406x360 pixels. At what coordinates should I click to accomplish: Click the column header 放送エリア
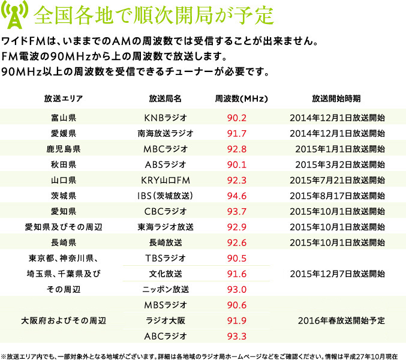(x=63, y=98)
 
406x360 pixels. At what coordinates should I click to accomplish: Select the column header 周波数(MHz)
(x=241, y=98)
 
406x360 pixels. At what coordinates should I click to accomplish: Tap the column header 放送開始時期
(x=336, y=98)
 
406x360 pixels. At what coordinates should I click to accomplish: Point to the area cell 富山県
(x=63, y=117)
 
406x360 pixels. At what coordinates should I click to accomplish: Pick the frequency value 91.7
(x=241, y=133)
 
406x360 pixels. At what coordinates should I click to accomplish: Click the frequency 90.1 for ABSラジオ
(x=241, y=164)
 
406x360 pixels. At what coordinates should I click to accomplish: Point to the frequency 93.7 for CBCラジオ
(x=241, y=211)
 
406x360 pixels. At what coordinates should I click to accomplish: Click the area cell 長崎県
(x=63, y=242)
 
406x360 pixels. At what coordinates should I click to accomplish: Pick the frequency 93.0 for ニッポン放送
(x=241, y=289)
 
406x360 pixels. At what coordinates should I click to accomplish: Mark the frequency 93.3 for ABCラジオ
(x=241, y=336)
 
